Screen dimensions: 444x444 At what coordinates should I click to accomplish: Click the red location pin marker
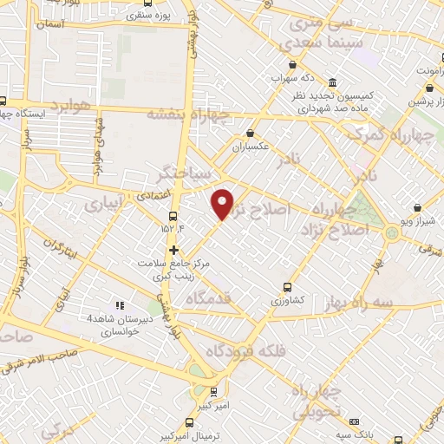point(223,203)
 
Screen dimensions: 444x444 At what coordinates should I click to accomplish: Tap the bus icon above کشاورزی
point(287,286)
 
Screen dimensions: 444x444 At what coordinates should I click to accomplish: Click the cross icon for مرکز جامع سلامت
point(174,249)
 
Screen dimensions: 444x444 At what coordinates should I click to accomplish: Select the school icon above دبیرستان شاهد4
point(120,305)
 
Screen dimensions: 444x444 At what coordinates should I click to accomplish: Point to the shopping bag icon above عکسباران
point(251,134)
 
